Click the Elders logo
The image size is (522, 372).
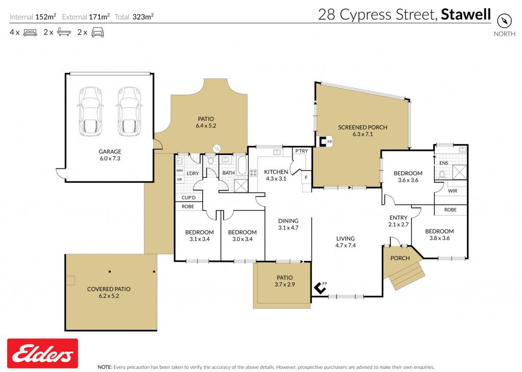(x=43, y=353)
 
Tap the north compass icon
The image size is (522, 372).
(x=504, y=21)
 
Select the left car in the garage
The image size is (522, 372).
(x=90, y=111)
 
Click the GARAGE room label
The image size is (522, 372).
(x=110, y=151)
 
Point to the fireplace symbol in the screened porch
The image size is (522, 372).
(x=323, y=142)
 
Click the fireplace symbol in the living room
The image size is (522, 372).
(x=320, y=288)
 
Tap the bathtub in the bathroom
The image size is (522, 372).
(x=242, y=166)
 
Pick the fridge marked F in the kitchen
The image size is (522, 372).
(x=306, y=178)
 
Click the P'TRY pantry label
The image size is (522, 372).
(x=302, y=151)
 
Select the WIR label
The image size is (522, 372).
(x=453, y=191)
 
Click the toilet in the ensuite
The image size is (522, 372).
(x=442, y=174)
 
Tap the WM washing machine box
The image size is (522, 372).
(x=179, y=171)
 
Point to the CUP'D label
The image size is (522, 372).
(x=189, y=198)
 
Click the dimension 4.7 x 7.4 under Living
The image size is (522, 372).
(x=346, y=246)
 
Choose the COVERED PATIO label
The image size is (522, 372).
(x=109, y=289)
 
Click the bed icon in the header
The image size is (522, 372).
(x=30, y=33)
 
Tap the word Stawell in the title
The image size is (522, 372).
(x=466, y=15)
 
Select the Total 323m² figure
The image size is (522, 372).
(x=134, y=17)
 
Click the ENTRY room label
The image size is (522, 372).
(x=399, y=218)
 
